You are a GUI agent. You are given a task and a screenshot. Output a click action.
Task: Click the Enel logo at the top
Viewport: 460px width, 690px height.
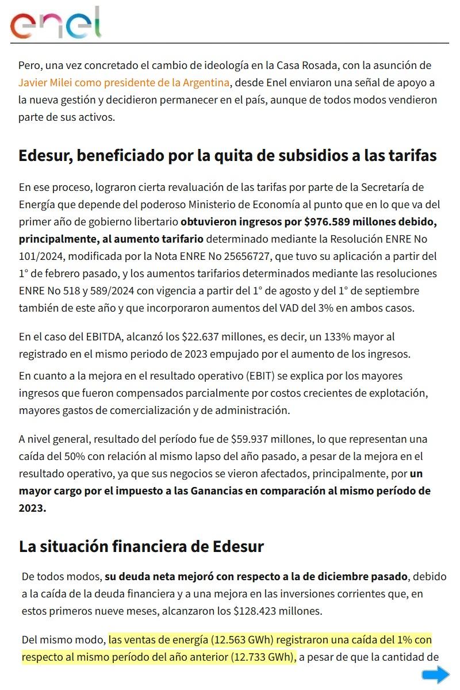click(56, 24)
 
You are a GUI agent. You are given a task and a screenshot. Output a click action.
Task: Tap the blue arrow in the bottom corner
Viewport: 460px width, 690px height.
click(436, 674)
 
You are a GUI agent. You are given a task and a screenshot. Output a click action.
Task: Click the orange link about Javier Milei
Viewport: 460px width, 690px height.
click(124, 82)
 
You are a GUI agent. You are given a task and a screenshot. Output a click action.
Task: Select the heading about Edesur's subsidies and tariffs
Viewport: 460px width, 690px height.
click(228, 155)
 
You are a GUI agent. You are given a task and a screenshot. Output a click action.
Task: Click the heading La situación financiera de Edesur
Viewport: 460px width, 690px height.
click(141, 546)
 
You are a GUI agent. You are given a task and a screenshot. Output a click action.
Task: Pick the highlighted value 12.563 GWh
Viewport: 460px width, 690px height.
click(242, 639)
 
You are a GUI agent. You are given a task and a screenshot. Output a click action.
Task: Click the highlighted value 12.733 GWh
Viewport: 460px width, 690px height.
click(262, 657)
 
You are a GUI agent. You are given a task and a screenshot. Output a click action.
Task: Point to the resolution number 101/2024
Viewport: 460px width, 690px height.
click(40, 255)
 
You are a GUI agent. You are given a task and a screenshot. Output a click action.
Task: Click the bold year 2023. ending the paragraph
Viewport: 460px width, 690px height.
click(32, 508)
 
